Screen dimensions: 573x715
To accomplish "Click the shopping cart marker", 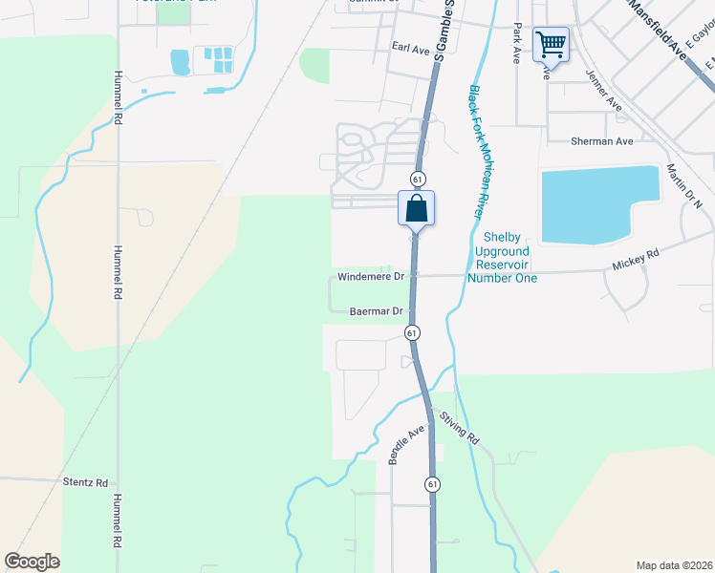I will [x=550, y=44].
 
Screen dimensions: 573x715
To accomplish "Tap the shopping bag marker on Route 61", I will [x=417, y=208].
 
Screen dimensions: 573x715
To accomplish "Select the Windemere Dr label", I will [x=372, y=277].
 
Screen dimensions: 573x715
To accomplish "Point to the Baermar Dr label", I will [x=379, y=311].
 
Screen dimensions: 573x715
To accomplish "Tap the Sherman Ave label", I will [x=601, y=141].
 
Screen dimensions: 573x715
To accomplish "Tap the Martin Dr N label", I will [x=683, y=185].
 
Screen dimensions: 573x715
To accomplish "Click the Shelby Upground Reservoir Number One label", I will [x=502, y=257].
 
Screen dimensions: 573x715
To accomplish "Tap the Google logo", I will [x=32, y=562].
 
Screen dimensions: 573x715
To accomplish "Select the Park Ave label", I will [x=516, y=43].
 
